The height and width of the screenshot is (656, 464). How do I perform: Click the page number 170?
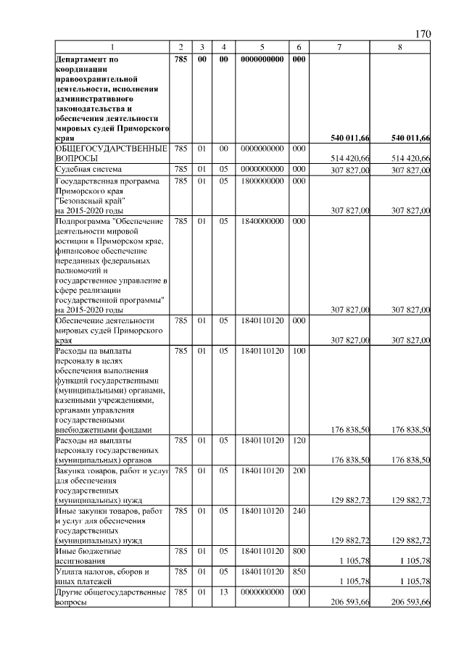423,34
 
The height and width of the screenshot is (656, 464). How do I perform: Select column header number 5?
261,47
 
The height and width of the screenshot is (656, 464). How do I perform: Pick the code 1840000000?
261,221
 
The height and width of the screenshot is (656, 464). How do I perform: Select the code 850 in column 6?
297,572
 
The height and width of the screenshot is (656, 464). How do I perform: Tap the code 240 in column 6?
297,511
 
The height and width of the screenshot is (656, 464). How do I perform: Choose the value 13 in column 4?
224,592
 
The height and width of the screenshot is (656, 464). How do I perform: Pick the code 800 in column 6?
297,552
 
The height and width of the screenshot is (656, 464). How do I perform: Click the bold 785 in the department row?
181,59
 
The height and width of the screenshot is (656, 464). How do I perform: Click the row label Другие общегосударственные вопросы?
111,597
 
